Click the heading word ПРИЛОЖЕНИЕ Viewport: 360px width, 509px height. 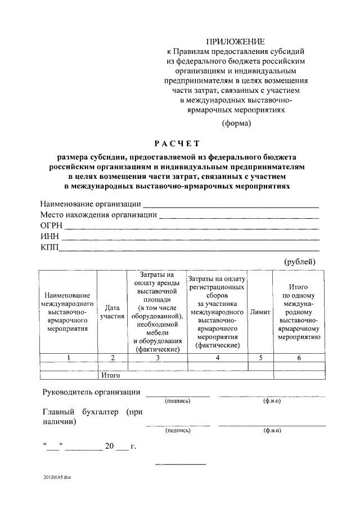[x=235, y=42]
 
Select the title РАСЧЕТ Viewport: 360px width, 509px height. [x=177, y=143]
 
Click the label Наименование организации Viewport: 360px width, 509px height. [x=90, y=204]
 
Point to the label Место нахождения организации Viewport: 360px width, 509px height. [x=98, y=214]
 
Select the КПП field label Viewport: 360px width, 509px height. [x=49, y=247]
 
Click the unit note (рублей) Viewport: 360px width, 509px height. [x=299, y=261]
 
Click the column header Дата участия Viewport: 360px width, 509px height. [x=112, y=313]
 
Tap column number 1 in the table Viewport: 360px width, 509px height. [x=69, y=357]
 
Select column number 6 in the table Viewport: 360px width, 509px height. [x=299, y=357]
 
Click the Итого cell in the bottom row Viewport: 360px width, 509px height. [x=111, y=374]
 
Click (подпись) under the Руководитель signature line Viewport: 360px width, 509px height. [x=177, y=401]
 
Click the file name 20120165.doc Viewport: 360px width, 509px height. [x=57, y=477]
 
